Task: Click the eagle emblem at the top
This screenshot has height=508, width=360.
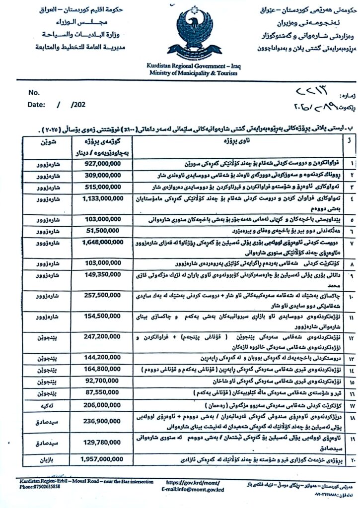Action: (x=194, y=32)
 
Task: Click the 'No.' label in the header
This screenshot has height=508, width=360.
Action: (x=34, y=92)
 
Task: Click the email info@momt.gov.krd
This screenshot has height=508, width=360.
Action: (x=193, y=489)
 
